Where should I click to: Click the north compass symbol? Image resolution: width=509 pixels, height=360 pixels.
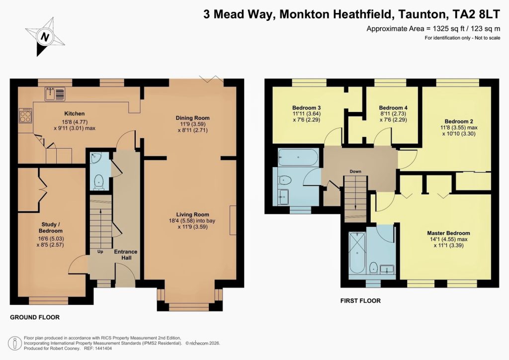[45, 37]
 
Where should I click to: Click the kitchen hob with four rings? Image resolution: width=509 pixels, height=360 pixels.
[25, 116]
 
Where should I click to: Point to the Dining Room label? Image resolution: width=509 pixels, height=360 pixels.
[193, 118]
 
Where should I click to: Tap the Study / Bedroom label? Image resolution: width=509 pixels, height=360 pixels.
[51, 228]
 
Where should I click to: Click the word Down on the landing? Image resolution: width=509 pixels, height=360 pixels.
[355, 172]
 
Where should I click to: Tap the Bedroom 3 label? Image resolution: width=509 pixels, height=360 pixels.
[306, 108]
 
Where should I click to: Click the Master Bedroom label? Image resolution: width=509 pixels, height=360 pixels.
[448, 233]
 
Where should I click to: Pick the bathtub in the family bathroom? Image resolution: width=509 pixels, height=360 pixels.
[297, 157]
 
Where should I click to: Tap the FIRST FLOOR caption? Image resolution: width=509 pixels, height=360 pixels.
[360, 301]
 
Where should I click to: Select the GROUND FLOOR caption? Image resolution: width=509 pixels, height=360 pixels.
[35, 317]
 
